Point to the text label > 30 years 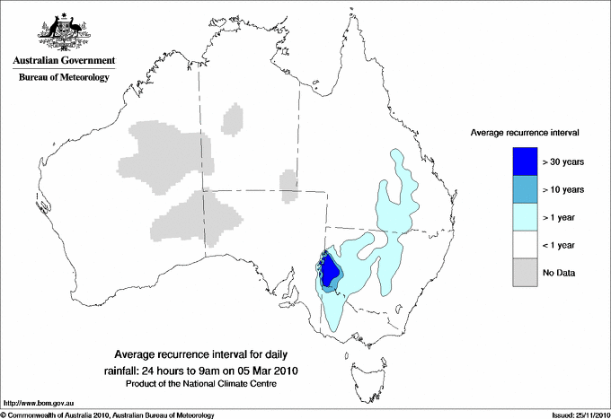(x=563, y=161)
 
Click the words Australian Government (x=64, y=61)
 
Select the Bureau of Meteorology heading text (x=64, y=78)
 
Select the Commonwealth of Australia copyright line (x=108, y=415)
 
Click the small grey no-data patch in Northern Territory (x=233, y=118)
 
